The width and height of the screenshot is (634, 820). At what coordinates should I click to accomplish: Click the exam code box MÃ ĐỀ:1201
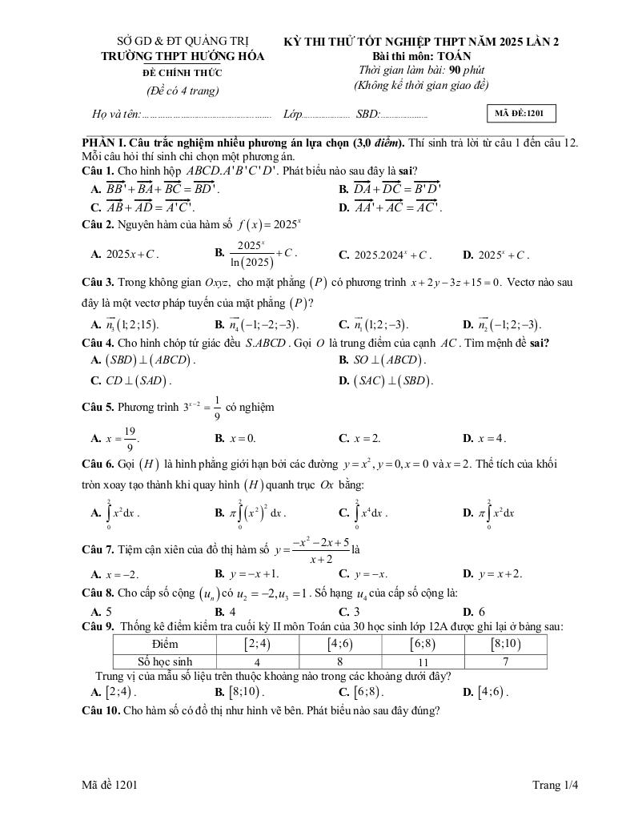pos(520,114)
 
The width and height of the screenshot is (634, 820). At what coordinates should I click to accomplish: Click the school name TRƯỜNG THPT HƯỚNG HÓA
pos(172,57)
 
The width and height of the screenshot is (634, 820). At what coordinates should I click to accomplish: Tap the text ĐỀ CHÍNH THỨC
pos(172,73)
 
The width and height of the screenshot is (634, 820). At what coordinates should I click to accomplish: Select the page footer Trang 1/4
pos(555,786)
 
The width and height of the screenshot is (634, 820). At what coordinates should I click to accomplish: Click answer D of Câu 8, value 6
pos(474,612)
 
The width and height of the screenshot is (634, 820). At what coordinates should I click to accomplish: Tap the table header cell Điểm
pos(164,644)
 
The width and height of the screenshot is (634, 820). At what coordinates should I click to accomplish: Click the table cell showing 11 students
pos(424,662)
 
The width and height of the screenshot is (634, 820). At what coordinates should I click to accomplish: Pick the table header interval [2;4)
pos(256,644)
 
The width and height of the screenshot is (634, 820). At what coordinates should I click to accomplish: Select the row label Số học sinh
pos(165,662)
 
